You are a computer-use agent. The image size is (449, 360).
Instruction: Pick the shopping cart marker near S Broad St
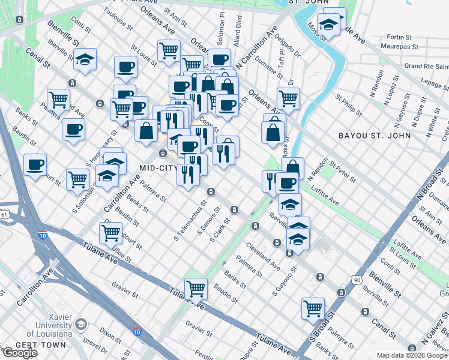coord(313,308)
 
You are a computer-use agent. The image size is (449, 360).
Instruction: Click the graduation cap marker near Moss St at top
coord(328,25)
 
